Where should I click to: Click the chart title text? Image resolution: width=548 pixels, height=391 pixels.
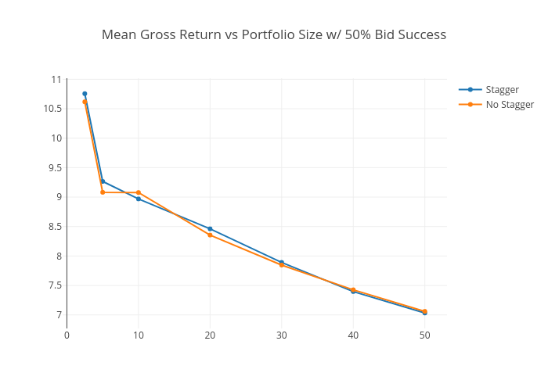pyautogui.click(x=273, y=34)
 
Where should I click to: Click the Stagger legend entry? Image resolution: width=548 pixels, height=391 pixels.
pyautogui.click(x=501, y=89)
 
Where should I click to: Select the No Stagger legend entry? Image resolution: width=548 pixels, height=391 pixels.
pyautogui.click(x=509, y=104)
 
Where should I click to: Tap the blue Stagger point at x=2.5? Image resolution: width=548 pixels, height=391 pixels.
pyautogui.click(x=85, y=94)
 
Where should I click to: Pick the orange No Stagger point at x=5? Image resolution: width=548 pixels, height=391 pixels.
pyautogui.click(x=103, y=192)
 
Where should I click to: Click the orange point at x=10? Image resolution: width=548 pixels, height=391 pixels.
pyautogui.click(x=139, y=192)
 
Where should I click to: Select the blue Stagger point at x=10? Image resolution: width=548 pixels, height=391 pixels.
pyautogui.click(x=139, y=199)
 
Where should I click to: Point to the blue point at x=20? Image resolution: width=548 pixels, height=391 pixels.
pyautogui.click(x=210, y=228)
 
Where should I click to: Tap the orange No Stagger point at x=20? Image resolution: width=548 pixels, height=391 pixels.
pyautogui.click(x=210, y=235)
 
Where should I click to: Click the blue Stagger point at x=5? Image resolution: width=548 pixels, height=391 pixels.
pyautogui.click(x=103, y=181)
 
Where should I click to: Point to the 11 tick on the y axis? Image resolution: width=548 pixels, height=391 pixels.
pyautogui.click(x=56, y=80)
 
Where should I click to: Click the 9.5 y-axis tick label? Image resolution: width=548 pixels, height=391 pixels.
pyautogui.click(x=53, y=167)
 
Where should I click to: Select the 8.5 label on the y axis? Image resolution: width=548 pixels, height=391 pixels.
pyautogui.click(x=53, y=227)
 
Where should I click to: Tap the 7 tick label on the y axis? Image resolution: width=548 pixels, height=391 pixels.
pyautogui.click(x=58, y=315)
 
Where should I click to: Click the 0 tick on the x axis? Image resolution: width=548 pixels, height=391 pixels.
pyautogui.click(x=67, y=335)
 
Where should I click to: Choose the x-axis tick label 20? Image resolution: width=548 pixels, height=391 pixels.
pyautogui.click(x=210, y=335)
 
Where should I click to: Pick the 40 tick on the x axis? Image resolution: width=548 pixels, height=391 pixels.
pyautogui.click(x=353, y=335)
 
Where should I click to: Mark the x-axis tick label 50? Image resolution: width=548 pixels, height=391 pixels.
pyautogui.click(x=424, y=335)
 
